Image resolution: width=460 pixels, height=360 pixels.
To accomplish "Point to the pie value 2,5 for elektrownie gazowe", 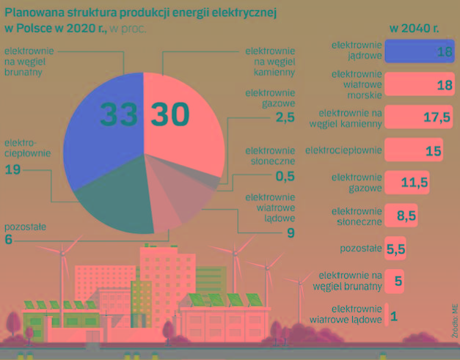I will click(285, 117).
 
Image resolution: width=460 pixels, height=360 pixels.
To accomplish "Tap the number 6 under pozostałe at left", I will click(9, 240).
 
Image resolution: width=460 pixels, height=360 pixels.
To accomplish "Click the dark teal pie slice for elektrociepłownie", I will click(110, 198).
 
